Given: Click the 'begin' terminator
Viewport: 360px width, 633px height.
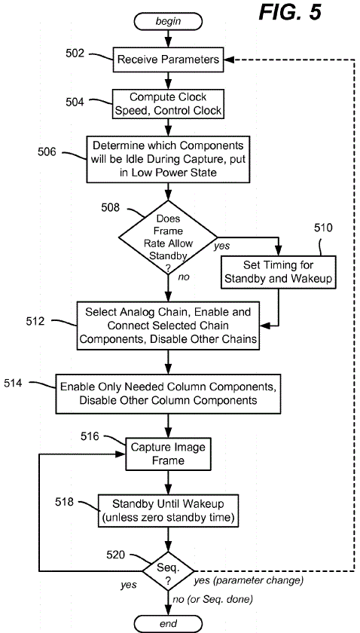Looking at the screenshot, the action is (168, 21).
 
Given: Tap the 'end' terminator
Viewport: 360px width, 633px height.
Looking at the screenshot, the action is (168, 624).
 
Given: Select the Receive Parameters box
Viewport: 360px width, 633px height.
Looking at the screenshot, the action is (168, 60).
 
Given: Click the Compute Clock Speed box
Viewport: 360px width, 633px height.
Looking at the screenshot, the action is (168, 104).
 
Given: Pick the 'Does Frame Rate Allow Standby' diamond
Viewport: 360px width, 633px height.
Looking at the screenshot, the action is (168, 237).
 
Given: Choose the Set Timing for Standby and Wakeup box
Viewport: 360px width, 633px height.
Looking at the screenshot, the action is (279, 272).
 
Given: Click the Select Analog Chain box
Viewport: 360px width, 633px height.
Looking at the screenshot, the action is (168, 326).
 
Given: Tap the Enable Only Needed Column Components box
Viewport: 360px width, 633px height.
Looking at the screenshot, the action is (168, 393).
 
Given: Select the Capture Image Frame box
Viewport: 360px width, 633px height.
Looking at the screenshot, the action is (168, 454).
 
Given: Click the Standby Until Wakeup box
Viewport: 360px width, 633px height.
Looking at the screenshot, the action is (168, 511).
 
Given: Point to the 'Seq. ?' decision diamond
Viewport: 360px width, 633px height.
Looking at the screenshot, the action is (168, 571).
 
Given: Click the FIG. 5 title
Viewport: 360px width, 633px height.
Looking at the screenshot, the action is (290, 12).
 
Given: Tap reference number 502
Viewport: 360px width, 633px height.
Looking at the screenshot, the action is (75, 54).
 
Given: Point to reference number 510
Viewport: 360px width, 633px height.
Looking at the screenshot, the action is (324, 228).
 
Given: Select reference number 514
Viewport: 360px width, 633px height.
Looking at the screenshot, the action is (14, 383).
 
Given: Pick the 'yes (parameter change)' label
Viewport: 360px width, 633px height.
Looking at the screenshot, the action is (249, 581).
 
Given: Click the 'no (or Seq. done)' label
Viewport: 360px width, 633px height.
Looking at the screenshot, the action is (212, 600).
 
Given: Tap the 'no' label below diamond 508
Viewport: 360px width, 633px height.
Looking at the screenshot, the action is (183, 277).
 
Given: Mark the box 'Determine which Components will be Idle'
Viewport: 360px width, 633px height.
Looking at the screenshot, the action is (168, 159).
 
